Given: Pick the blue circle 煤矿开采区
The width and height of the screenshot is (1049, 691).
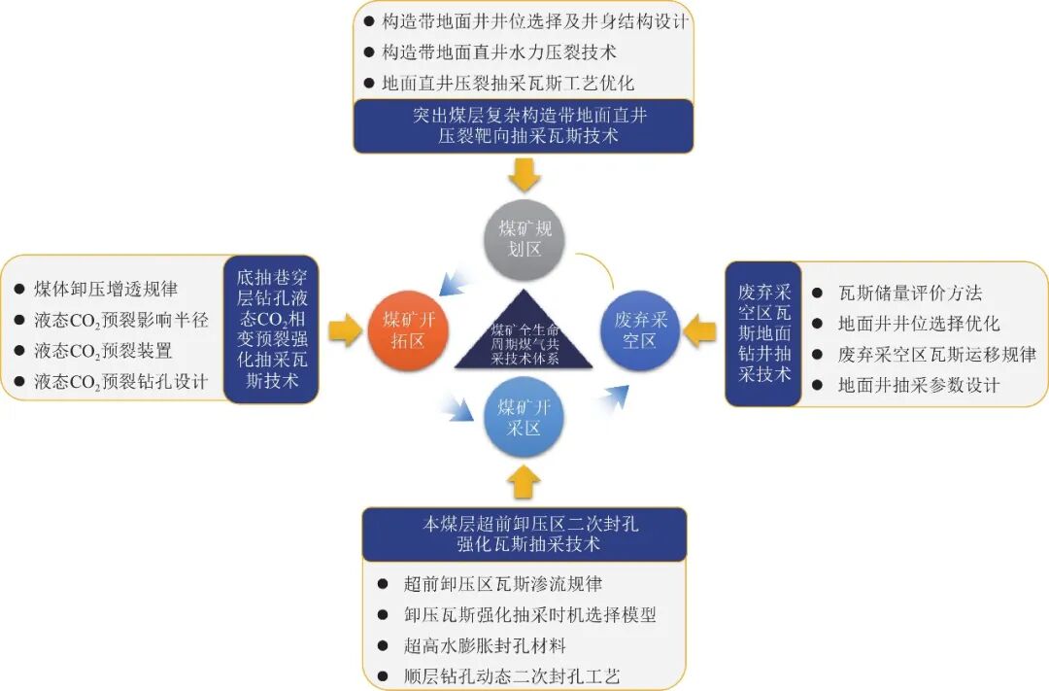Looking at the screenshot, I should (524, 417).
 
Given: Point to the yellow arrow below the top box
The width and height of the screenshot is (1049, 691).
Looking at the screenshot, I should (524, 176).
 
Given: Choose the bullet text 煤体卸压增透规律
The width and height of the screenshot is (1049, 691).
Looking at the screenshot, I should (106, 289).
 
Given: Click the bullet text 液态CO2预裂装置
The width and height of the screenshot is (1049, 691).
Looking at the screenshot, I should (103, 351).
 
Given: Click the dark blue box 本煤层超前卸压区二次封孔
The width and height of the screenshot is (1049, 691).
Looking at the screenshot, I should (524, 534).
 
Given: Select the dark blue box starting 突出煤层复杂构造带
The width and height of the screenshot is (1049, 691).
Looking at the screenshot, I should (524, 126).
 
